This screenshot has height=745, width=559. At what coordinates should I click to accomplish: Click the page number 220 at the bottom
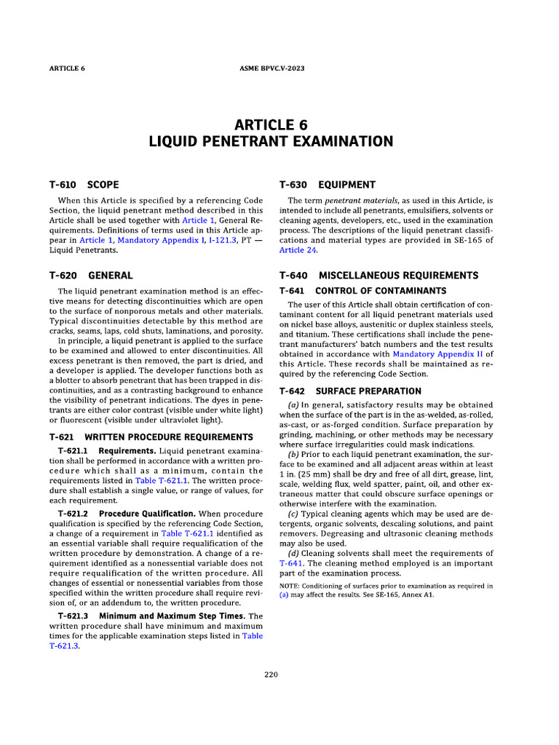click(271, 674)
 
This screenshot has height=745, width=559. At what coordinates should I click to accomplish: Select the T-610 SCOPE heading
click(84, 185)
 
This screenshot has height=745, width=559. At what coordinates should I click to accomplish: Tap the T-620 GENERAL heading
click(90, 276)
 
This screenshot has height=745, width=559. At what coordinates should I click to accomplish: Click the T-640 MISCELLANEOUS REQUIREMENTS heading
click(378, 276)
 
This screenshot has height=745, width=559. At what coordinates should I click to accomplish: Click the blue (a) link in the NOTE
click(284, 594)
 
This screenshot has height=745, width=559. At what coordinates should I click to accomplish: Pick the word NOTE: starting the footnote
click(290, 585)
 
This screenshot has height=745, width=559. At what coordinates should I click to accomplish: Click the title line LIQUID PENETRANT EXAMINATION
click(271, 140)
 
